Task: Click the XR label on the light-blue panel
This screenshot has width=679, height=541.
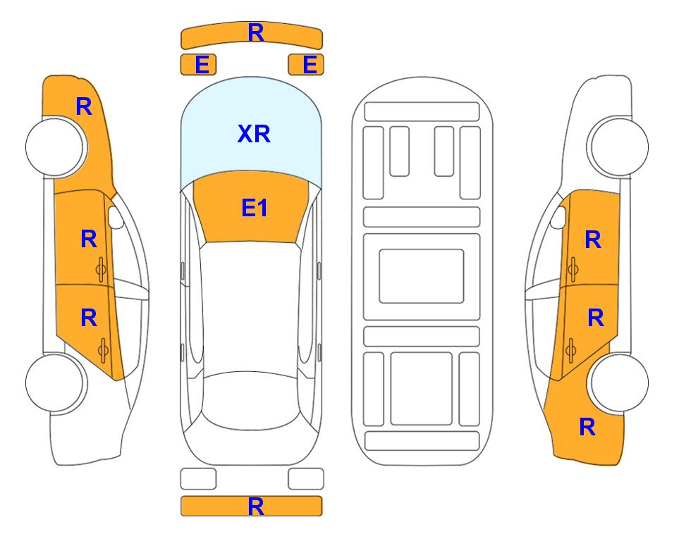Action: [254, 134]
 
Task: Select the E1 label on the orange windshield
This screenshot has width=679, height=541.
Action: [255, 208]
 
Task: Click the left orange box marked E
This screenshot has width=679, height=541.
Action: [198, 65]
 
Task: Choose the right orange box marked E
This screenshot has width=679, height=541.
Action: [306, 65]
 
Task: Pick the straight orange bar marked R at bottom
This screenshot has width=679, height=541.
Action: [251, 506]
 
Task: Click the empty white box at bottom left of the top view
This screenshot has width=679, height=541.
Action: [198, 479]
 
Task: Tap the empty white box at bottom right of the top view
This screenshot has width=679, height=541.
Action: [306, 479]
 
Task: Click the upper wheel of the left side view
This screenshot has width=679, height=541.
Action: [56, 147]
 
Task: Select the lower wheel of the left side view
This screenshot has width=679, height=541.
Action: [56, 383]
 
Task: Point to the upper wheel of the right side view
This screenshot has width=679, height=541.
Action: [618, 147]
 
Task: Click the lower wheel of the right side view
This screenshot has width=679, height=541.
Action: [618, 383]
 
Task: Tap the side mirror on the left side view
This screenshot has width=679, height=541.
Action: [116, 217]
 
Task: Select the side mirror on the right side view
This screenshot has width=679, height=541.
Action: [558, 217]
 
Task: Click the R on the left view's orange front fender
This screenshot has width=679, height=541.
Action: [84, 106]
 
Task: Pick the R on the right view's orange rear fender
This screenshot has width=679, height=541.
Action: [587, 427]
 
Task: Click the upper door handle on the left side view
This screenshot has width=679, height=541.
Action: [101, 270]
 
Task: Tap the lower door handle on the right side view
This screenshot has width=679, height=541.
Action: [570, 350]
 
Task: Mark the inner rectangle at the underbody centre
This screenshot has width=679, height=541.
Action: [422, 276]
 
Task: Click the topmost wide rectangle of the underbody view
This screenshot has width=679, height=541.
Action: [422, 112]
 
